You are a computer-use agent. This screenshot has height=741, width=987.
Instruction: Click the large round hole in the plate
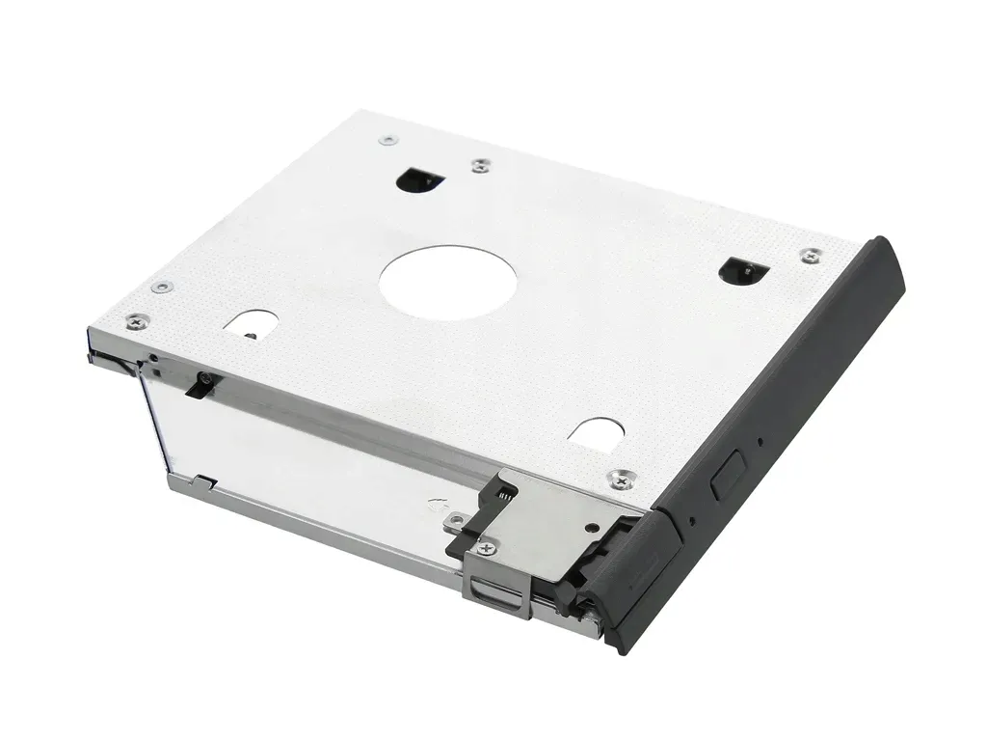[447, 279]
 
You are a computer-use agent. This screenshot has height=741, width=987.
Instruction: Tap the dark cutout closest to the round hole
[419, 178]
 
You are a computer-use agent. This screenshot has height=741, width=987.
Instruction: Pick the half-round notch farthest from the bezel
[252, 322]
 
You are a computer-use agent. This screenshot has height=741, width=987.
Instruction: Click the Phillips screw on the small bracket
[484, 548]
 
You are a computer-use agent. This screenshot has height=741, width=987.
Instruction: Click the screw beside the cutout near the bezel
[812, 255]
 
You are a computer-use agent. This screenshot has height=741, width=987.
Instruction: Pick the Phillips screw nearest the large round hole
[480, 166]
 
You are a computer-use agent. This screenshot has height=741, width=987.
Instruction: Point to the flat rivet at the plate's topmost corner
[388, 140]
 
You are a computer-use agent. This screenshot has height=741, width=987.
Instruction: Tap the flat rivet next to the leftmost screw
[162, 287]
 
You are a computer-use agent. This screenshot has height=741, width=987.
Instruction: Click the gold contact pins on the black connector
[502, 493]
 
